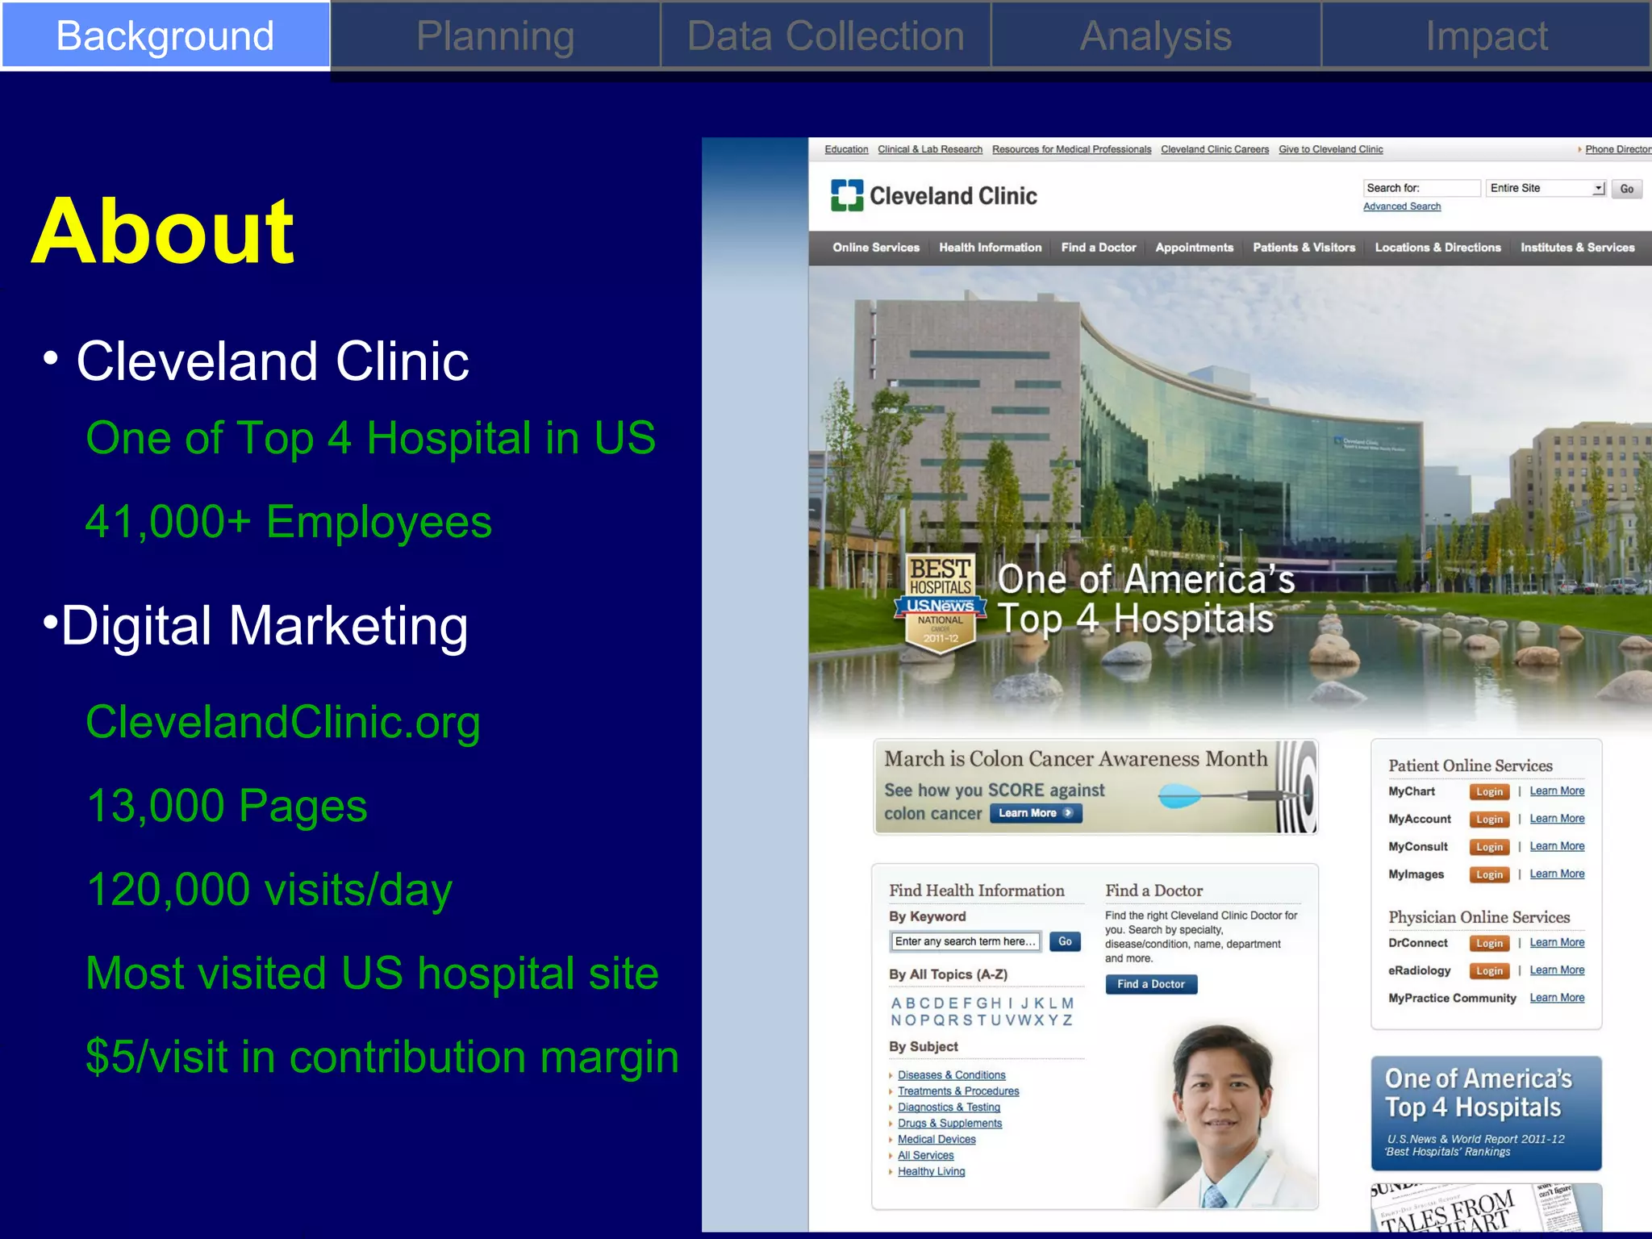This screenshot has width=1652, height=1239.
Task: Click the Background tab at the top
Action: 165,36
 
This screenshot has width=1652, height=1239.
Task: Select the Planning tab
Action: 495,36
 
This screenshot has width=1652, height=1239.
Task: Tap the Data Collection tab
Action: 825,36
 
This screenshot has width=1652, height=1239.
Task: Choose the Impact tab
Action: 1486,36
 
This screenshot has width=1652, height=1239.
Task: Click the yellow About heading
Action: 163,232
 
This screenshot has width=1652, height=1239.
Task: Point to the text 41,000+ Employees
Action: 288,522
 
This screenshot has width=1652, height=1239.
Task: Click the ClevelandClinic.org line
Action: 282,722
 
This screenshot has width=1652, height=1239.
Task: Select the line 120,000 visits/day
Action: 269,890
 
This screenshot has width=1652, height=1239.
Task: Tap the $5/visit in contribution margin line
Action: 382,1057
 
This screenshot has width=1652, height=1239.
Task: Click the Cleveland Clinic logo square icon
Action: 847,195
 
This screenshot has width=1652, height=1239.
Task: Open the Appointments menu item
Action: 1194,248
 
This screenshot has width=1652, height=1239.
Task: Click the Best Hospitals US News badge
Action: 941,601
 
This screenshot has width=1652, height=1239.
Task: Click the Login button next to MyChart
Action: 1489,792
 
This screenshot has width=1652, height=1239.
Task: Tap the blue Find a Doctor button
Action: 1151,984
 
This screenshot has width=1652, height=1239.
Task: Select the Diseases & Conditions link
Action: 951,1075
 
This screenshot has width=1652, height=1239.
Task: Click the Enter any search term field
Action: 965,941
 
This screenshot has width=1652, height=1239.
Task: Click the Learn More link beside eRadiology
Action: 1557,970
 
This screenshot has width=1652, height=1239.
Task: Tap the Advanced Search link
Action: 1401,206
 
